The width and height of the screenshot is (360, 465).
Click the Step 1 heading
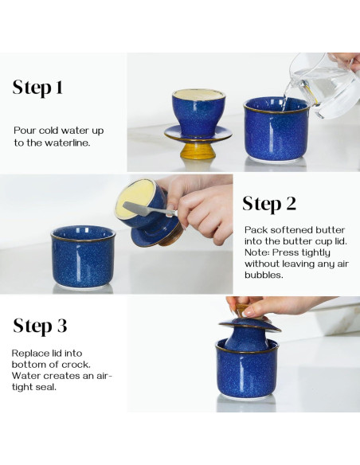click(37, 88)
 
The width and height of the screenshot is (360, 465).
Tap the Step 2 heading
click(269, 205)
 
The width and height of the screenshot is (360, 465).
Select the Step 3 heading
click(40, 326)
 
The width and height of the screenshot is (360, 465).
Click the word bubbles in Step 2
click(264, 275)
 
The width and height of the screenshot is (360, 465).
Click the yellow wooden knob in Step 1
click(194, 150)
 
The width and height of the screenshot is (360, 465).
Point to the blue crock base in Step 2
click(84, 257)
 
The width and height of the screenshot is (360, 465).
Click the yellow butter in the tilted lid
click(136, 200)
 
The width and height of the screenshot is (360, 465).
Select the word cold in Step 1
click(49, 131)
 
